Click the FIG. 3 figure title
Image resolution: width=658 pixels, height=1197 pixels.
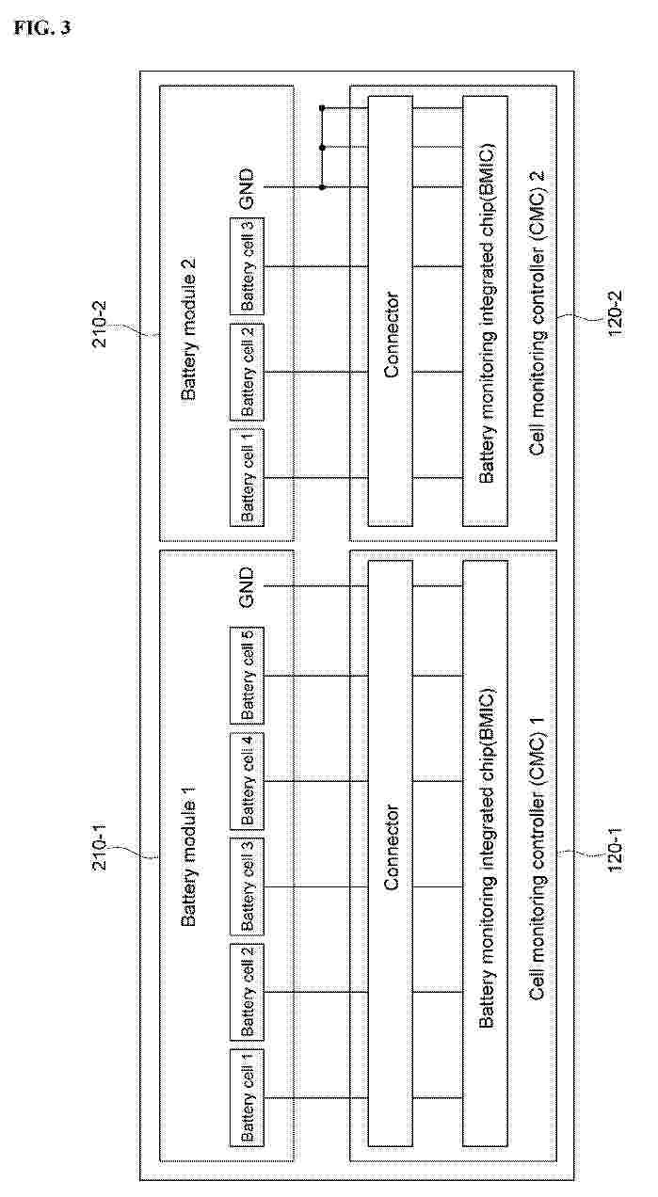[x=42, y=28]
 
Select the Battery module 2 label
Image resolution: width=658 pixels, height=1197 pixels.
[x=188, y=329]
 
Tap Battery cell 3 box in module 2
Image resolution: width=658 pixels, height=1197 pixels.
[x=247, y=266]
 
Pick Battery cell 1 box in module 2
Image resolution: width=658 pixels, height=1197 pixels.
[x=247, y=478]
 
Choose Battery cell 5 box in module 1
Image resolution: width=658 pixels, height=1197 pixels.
[x=247, y=676]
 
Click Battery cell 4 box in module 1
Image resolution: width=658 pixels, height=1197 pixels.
[x=247, y=781]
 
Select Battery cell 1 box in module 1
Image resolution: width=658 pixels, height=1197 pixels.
[x=247, y=1097]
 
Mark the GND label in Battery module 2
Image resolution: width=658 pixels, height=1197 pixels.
[x=247, y=188]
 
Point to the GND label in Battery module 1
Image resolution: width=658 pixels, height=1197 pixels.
[x=247, y=587]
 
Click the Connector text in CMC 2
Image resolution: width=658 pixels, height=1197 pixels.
[x=392, y=335]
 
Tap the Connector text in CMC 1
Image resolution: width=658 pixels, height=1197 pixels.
[x=392, y=848]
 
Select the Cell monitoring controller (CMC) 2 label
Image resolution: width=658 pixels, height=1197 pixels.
[x=537, y=313]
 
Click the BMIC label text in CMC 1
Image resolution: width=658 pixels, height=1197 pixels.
[x=487, y=857]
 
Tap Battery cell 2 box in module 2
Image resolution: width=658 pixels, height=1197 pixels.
[x=247, y=372]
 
